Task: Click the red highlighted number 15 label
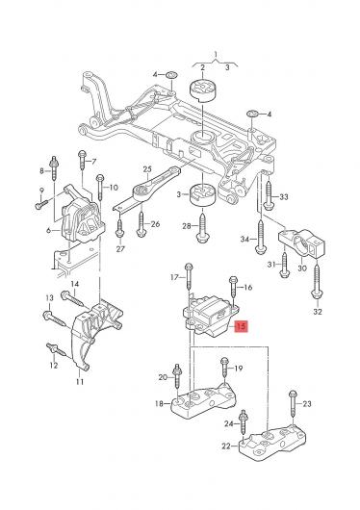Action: pos(242,326)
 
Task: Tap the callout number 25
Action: pos(147,169)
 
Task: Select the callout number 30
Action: pos(302,268)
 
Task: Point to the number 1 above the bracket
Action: pos(216,53)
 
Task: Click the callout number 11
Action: pos(80,381)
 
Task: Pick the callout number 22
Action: pos(226,446)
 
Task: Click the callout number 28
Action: pos(187,226)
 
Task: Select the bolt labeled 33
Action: pos(269,195)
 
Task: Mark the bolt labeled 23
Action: pos(293,404)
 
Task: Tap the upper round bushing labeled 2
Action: pos(203,89)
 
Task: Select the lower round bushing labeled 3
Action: pos(203,195)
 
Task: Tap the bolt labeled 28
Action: pos(203,226)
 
